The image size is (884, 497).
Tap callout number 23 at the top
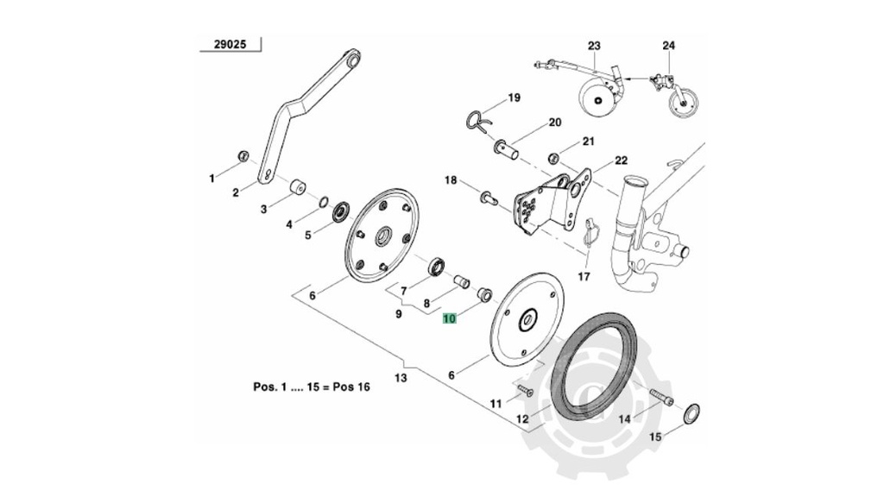click(594, 46)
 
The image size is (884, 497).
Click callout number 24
click(669, 46)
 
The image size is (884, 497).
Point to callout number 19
click(514, 98)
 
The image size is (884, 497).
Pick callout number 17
click(584, 278)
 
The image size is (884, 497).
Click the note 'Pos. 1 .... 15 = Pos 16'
click(311, 387)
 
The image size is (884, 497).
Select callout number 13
click(401, 378)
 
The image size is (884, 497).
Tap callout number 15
click(654, 437)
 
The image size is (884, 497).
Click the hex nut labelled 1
click(243, 156)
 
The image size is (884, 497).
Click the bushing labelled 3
click(298, 186)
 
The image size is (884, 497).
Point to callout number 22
click(622, 160)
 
